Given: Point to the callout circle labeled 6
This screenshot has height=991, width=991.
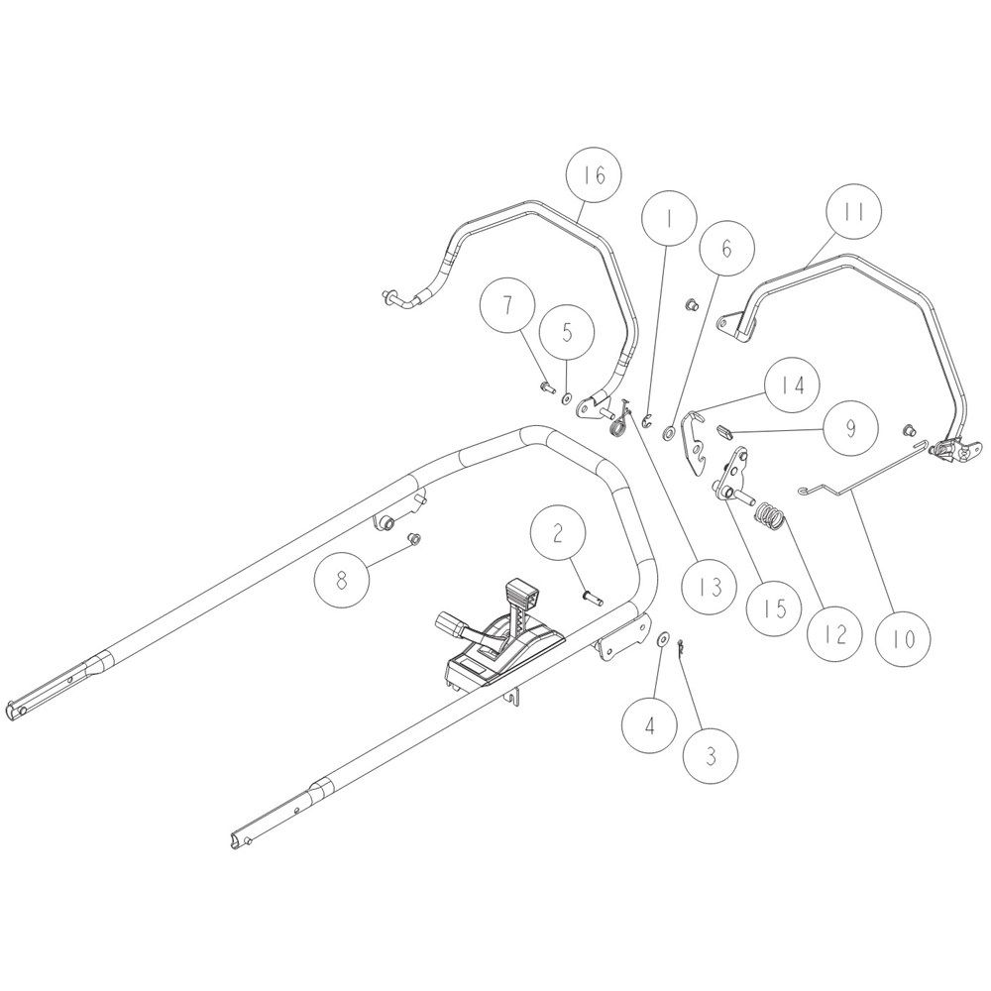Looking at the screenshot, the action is pyautogui.click(x=726, y=248).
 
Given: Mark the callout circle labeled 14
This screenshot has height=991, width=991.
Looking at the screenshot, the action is pyautogui.click(x=792, y=385).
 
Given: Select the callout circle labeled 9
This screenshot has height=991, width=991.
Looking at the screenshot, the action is pyautogui.click(x=850, y=428).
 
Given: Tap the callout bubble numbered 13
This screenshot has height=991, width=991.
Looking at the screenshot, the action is pyautogui.click(x=711, y=587).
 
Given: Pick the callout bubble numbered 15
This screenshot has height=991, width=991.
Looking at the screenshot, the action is pyautogui.click(x=774, y=608).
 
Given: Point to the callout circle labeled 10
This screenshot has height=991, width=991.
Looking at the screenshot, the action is pyautogui.click(x=905, y=639).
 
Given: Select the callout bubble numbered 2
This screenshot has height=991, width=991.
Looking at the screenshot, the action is pyautogui.click(x=557, y=534).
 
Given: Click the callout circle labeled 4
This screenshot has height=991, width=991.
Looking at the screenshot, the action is pyautogui.click(x=649, y=725).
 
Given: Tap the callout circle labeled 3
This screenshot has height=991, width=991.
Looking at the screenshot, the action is pyautogui.click(x=711, y=756).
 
